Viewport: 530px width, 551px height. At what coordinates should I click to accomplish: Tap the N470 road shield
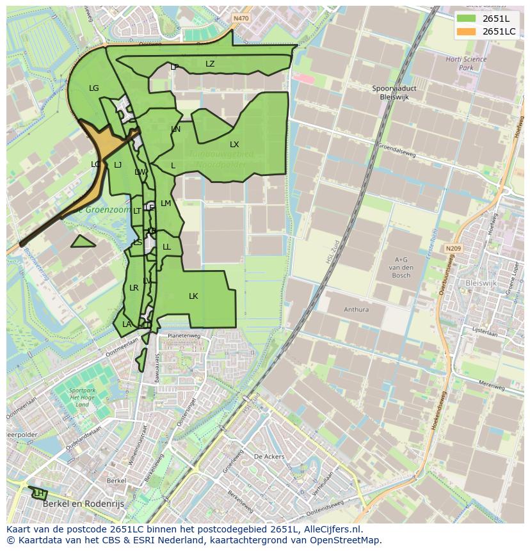tap(241, 19)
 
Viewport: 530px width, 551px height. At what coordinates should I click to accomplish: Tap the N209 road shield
tap(454, 248)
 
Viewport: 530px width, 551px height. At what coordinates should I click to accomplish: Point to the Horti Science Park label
tap(466, 63)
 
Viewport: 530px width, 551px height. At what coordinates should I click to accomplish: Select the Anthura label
tap(356, 310)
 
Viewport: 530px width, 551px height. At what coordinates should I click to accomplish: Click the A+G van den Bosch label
tap(401, 267)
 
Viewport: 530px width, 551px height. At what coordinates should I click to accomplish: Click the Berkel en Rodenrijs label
tap(83, 504)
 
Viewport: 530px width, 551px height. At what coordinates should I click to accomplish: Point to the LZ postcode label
tap(210, 64)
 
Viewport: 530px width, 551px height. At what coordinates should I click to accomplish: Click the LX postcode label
tap(234, 145)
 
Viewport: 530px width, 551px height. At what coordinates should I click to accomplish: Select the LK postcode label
tap(193, 296)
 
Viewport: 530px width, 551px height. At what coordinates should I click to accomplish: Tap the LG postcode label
tap(94, 88)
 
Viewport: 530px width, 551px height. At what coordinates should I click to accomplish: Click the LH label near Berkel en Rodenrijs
tap(38, 493)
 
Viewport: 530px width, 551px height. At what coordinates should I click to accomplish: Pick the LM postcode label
tap(166, 204)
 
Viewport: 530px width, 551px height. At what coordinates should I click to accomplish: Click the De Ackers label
tap(269, 457)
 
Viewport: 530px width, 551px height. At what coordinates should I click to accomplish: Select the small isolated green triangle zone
tap(82, 242)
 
